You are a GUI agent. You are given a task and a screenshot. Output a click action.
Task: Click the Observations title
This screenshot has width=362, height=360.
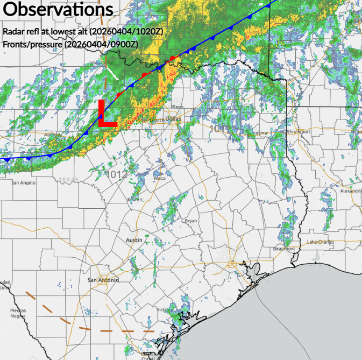[58, 9]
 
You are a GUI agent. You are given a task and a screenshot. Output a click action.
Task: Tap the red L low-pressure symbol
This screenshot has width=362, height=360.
[107, 114]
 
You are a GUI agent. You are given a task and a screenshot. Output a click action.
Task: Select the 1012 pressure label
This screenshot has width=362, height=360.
[117, 174]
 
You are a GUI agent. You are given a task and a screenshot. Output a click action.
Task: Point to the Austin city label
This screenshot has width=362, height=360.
[134, 240]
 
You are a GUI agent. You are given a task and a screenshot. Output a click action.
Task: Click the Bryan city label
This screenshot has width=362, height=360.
[191, 221]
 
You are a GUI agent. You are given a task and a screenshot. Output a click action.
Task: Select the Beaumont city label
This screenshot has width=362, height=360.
[284, 249]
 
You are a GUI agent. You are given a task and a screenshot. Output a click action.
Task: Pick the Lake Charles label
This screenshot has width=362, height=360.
[321, 242]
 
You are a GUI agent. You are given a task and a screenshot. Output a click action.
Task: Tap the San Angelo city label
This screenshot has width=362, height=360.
[24, 183]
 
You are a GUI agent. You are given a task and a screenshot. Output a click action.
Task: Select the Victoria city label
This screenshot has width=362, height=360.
[164, 309]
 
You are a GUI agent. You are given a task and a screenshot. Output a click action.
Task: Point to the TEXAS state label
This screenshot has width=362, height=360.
[69, 180]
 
